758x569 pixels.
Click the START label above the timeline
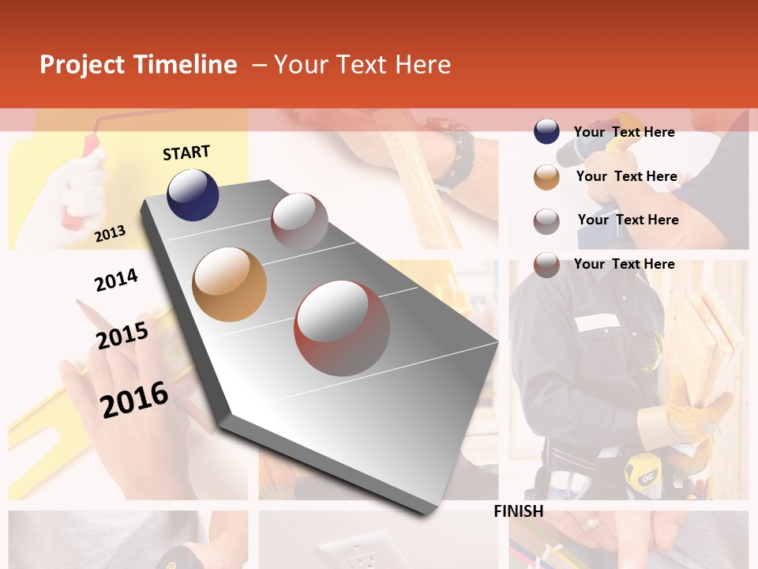point(186,153)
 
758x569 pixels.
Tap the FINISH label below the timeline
point(518,511)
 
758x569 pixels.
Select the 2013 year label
point(110,233)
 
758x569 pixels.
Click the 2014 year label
point(116,280)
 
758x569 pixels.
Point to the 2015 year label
point(122,336)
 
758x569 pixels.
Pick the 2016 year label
point(134,399)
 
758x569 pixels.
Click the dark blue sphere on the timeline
point(193,194)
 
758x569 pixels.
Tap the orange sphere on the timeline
point(229,284)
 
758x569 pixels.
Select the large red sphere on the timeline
point(342,328)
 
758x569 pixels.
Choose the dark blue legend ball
point(546,132)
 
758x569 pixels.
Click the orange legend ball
point(546,176)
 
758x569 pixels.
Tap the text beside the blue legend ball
point(624,132)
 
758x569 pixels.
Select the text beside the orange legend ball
point(626,176)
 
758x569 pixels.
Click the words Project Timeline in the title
point(138,65)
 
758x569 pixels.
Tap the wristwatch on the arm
point(455,158)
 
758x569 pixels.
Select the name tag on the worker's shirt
point(598,322)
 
